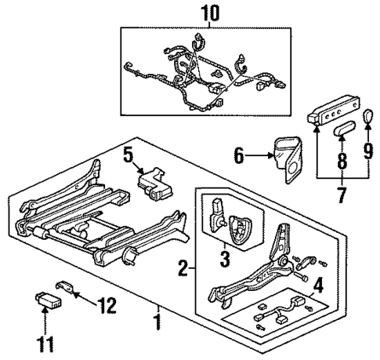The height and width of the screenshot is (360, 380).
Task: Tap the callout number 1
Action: pyautogui.click(x=157, y=322)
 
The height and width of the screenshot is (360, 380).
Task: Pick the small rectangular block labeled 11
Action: pyautogui.click(x=49, y=300)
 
